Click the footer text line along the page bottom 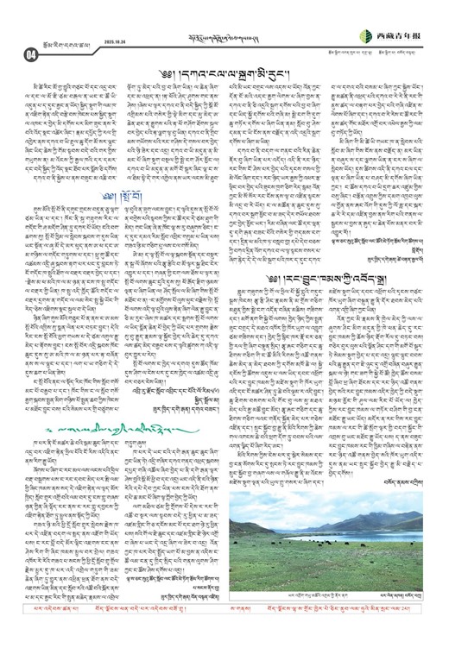[224, 637]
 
